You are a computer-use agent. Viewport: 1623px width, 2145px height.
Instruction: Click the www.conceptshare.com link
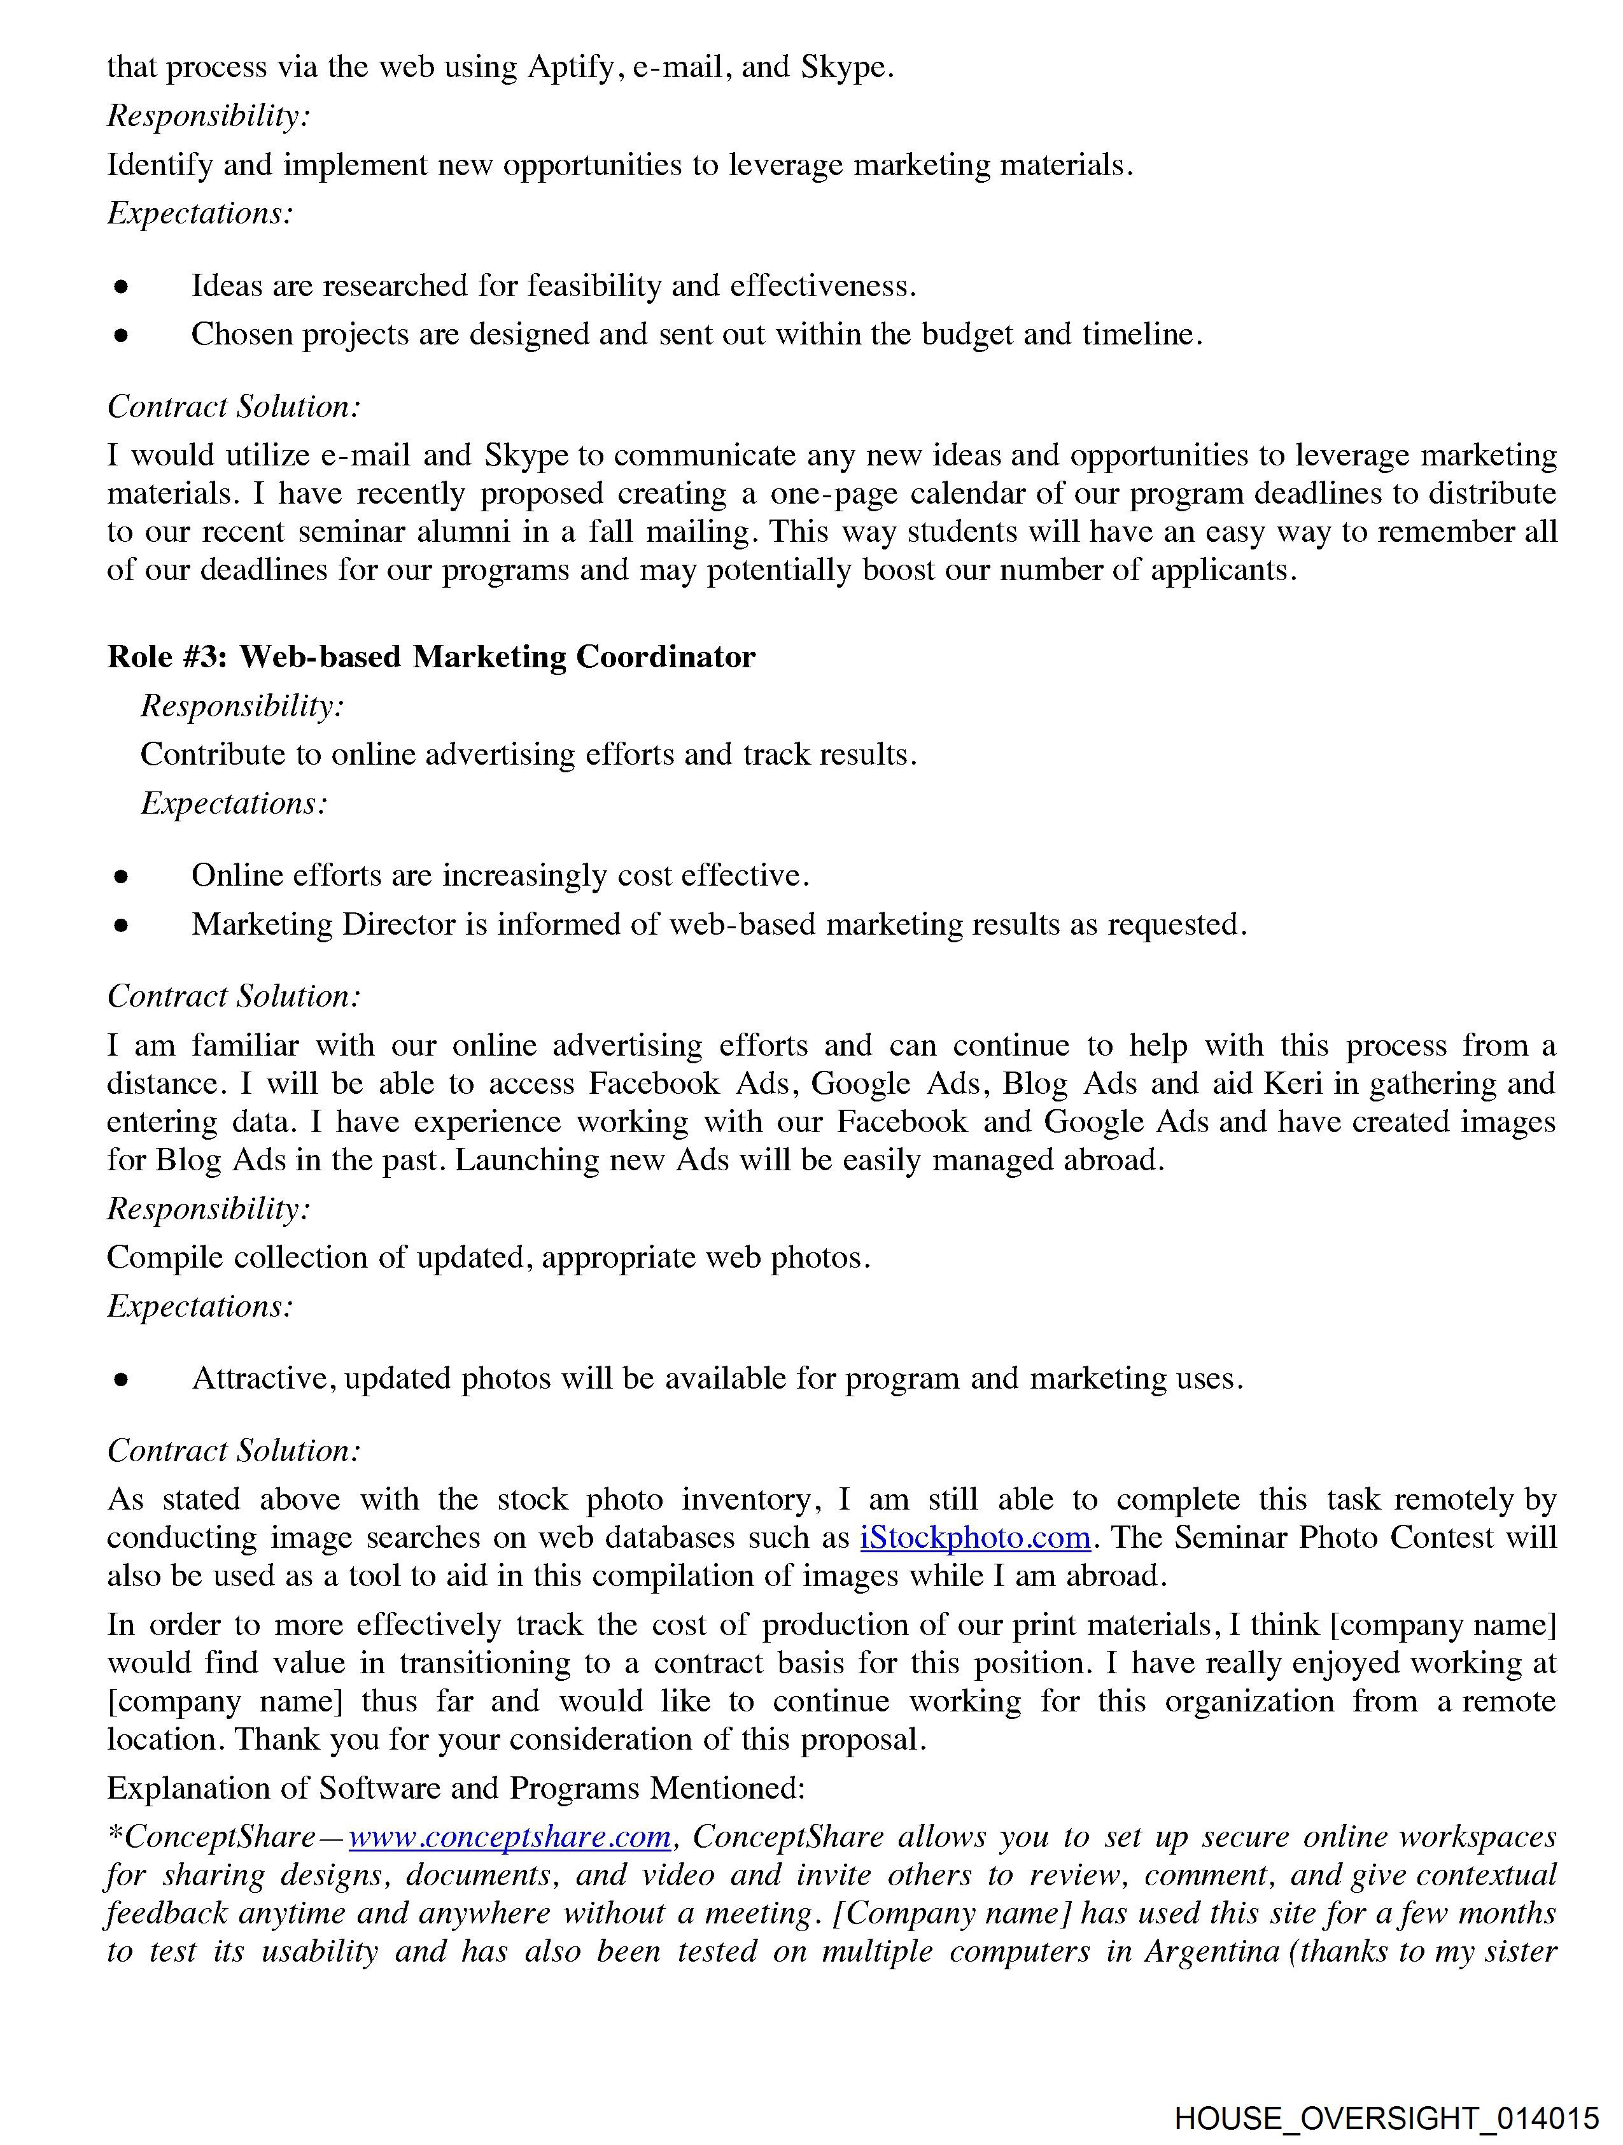[x=510, y=1837]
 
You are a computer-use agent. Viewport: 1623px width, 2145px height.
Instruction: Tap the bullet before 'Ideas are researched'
[x=121, y=287]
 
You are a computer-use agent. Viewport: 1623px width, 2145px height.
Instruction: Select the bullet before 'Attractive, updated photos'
[x=121, y=1380]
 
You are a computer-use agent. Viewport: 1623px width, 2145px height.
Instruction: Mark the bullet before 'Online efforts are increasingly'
[x=121, y=877]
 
